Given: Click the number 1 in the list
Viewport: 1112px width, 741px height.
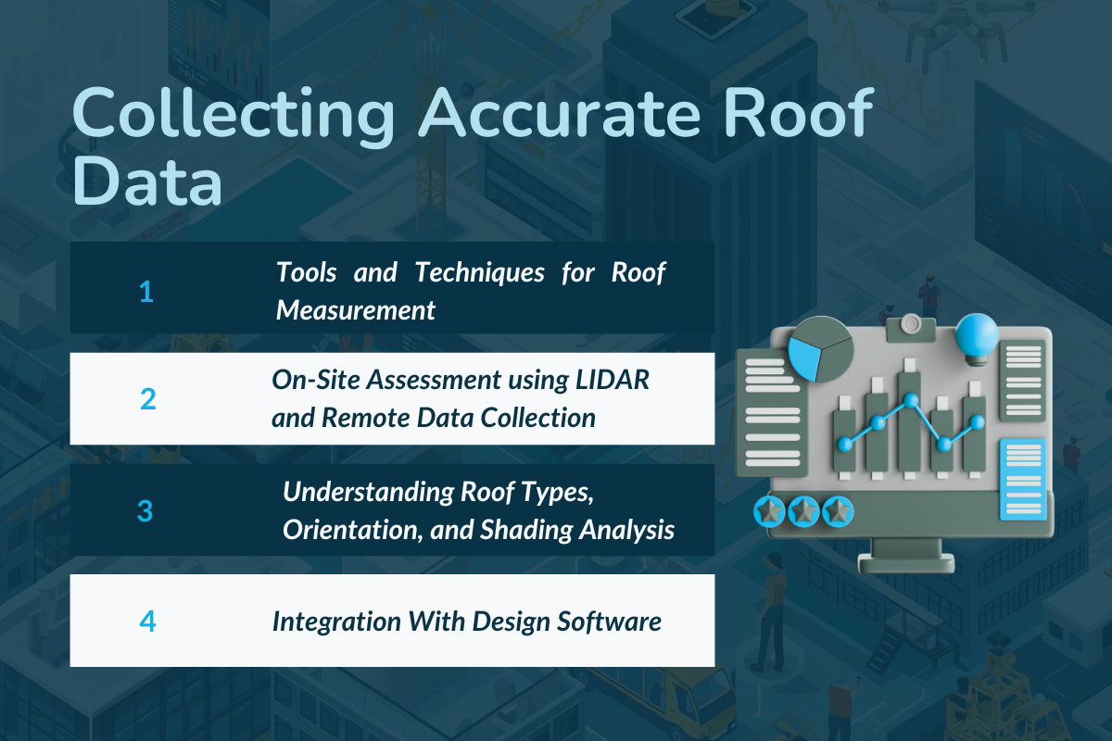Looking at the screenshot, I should click(145, 292).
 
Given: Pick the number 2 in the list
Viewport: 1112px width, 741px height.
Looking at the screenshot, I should click(147, 399).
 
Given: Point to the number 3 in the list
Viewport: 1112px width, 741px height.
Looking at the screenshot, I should click(145, 510).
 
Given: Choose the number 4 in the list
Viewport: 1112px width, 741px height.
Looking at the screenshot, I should click(147, 621).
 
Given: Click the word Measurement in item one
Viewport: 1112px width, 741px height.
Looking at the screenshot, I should click(356, 310).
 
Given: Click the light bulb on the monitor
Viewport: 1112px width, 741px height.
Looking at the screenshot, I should click(977, 335).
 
